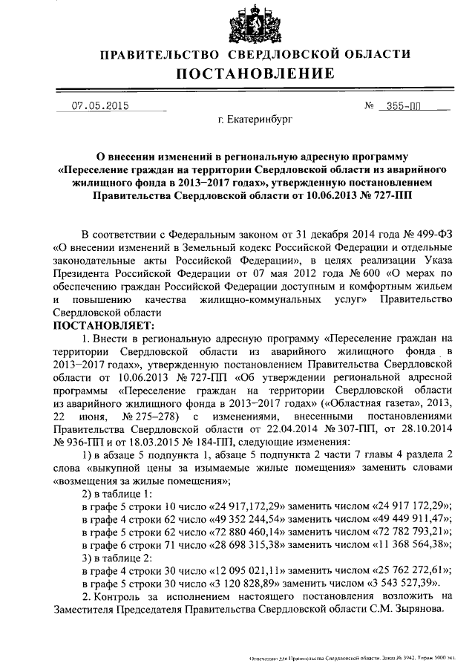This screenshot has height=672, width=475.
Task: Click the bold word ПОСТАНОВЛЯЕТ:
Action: (103, 325)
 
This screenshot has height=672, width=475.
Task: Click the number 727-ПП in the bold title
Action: (392, 197)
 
